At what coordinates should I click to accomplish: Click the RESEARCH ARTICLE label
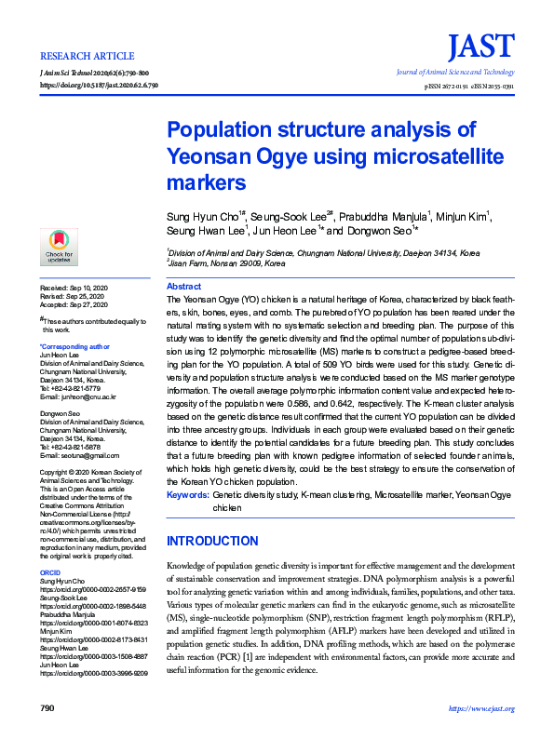[80, 54]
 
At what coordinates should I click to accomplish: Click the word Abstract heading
[183, 287]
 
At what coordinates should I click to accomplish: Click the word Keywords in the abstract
[187, 494]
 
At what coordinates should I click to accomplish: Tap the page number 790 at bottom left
[47, 708]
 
